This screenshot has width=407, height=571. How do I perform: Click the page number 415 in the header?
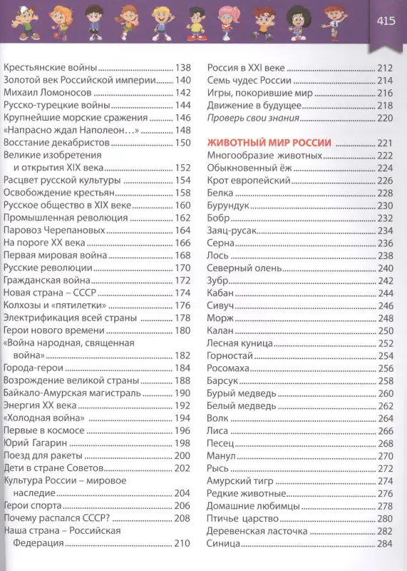coord(386,19)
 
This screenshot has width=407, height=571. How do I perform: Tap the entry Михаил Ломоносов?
coord(48,92)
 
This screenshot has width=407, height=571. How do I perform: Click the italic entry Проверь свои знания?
coord(252,118)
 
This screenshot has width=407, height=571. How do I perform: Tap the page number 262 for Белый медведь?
coord(385,405)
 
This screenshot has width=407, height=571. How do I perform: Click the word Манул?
coord(222,455)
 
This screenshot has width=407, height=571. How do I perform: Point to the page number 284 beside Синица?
coord(385,544)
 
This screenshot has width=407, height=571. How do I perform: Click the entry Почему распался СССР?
coord(56,518)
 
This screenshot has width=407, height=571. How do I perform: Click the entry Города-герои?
coord(34,368)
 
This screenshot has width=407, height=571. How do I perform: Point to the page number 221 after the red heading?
coord(385,143)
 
